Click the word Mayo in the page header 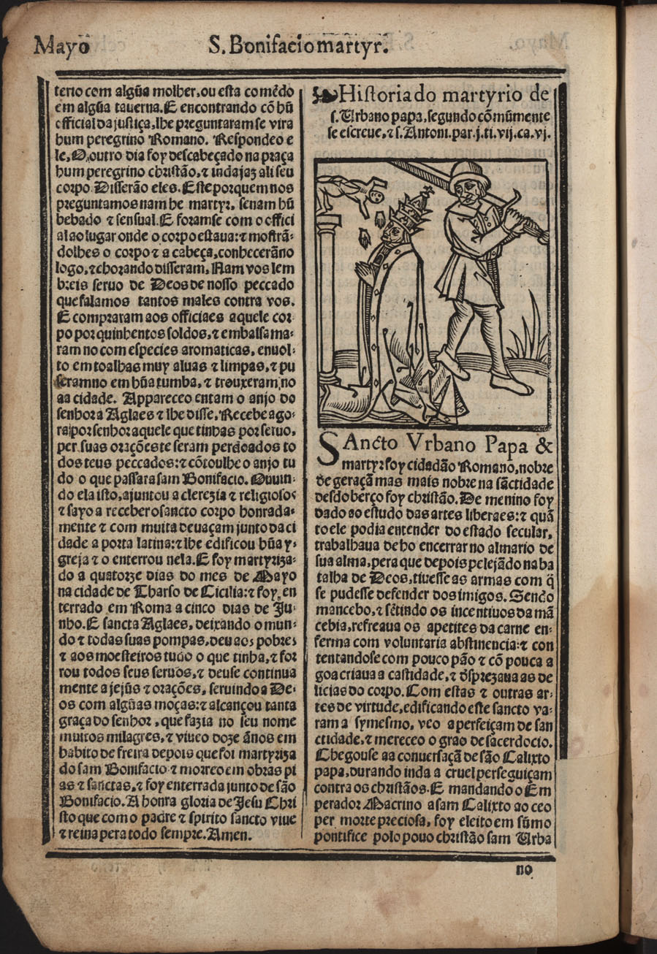pos(62,46)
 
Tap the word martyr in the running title pos(358,47)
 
